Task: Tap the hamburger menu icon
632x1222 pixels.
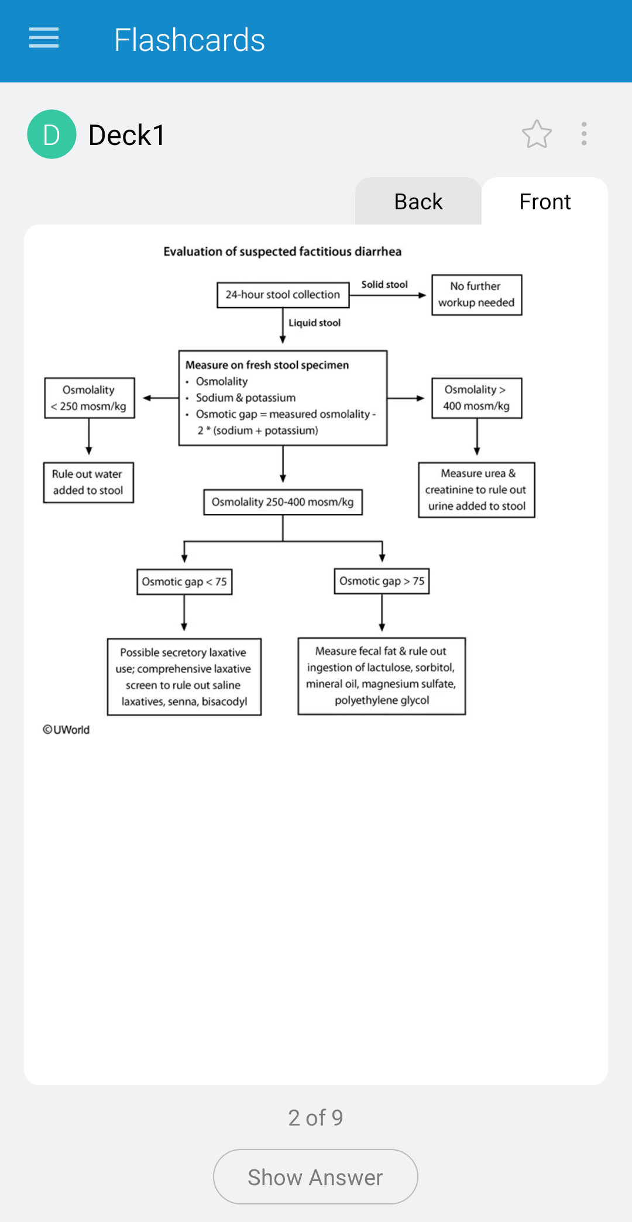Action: [44, 38]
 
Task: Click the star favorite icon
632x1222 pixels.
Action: [537, 134]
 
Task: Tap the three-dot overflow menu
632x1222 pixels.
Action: [584, 134]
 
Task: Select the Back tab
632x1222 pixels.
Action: [418, 201]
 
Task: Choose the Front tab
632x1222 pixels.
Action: [545, 201]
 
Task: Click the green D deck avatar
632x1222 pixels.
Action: [51, 134]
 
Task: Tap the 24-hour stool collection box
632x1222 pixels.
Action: [283, 295]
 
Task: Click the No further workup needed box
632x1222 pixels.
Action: [477, 295]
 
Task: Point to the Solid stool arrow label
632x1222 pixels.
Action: [384, 285]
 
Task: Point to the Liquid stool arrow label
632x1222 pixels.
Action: [314, 323]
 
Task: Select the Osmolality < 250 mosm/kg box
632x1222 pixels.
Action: [90, 398]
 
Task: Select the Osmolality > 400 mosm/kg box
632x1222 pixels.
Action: [477, 398]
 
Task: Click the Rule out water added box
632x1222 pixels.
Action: [88, 482]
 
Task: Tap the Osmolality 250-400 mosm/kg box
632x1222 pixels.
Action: [283, 502]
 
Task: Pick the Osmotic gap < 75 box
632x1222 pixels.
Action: [184, 582]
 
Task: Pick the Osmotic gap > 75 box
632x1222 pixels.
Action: [382, 581]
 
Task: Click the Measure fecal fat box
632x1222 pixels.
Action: [382, 676]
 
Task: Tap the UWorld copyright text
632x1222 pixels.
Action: [66, 730]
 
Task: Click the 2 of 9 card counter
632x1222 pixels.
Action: [315, 1118]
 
